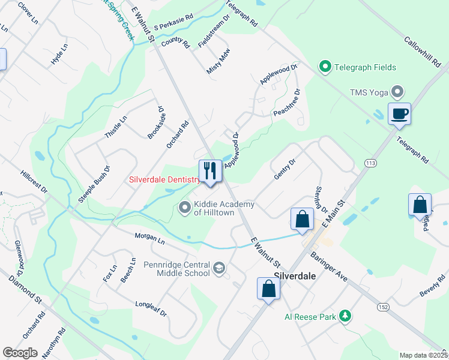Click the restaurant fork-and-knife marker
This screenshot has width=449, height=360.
210,171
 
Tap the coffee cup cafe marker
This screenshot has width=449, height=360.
399,113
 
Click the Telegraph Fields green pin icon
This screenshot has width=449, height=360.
325,66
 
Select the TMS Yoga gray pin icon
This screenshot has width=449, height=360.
397,92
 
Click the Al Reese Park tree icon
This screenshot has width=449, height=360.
345,315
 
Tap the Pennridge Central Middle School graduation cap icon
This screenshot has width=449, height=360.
220,268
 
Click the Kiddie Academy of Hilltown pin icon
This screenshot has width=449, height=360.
185,208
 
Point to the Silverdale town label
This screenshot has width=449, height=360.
294,278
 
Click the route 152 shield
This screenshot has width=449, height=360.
382,307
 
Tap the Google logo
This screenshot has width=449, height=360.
20,353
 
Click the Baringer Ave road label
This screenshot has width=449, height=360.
330,266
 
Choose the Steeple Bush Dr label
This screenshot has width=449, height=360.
95,184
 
